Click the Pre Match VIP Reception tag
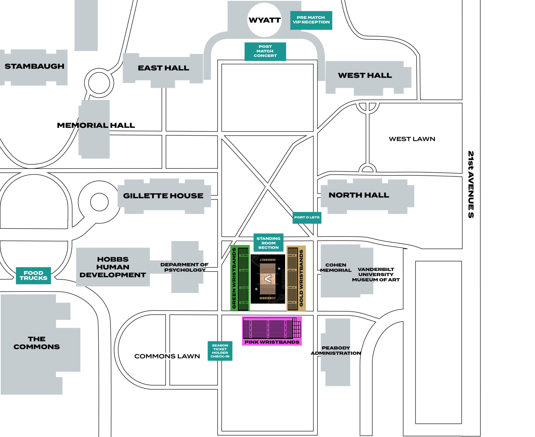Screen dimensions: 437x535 tap(311, 20)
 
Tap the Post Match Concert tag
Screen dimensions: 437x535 tap(265, 51)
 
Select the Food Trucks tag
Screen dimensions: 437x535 tap(33, 276)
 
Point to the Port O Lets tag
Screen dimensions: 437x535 tap(307, 217)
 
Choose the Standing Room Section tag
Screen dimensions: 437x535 tap(268, 243)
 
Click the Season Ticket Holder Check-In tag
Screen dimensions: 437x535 tap(220, 351)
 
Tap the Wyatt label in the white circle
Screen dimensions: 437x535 tap(264, 20)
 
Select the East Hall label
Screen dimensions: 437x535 tap(163, 68)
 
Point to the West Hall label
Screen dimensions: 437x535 tap(365, 75)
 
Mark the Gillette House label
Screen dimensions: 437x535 tap(163, 196)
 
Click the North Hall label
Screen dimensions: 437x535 tap(359, 195)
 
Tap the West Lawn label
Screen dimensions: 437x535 tap(412, 139)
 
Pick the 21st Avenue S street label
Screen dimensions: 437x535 tap(471, 184)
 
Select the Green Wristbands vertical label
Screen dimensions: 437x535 tap(234, 278)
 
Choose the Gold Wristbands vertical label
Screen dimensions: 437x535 tap(301, 278)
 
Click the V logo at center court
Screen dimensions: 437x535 tap(268, 279)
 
